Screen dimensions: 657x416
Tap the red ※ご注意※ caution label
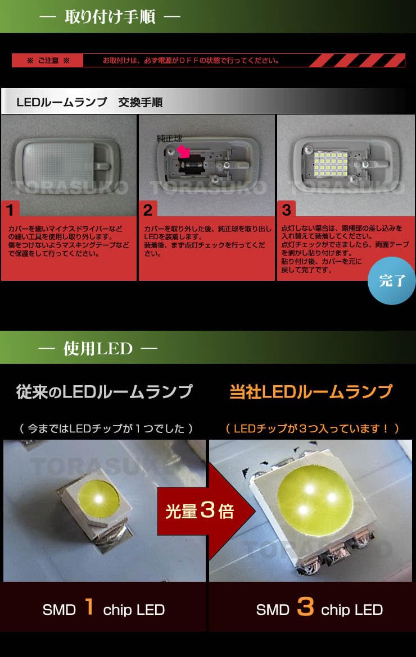48,61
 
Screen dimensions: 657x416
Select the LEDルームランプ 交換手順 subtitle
89,102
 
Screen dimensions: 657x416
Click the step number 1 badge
10,211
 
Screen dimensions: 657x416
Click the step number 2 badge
148,211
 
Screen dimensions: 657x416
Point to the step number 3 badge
286,211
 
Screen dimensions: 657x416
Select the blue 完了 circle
392,281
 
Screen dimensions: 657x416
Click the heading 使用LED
98,349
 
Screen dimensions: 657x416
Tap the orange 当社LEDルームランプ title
311,392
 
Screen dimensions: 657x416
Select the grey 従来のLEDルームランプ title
104,392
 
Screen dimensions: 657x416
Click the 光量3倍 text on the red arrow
199,512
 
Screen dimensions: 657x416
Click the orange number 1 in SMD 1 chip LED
89,608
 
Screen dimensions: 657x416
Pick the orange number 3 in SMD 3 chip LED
305,608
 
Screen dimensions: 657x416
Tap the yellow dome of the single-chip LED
100,496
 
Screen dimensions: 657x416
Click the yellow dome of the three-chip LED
315,493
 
